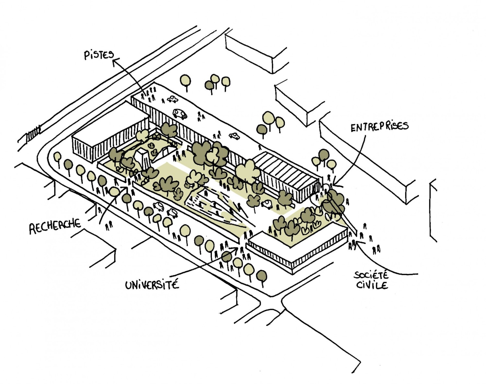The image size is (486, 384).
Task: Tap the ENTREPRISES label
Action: tap(379, 126)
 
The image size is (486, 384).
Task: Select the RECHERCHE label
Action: tap(55, 226)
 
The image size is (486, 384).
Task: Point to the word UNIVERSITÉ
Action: tap(152, 284)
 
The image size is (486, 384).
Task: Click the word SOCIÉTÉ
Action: tap(371, 275)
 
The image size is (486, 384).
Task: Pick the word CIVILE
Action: tap(372, 285)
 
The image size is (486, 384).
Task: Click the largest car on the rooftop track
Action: tap(180, 113)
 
